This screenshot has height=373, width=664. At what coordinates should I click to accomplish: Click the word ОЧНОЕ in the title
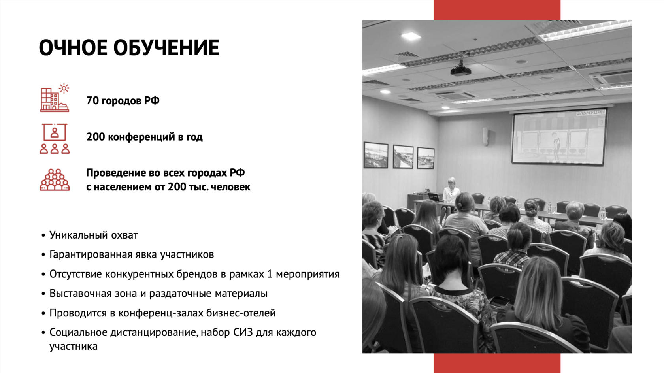point(73,48)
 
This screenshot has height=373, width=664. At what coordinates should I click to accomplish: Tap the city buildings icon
point(55,98)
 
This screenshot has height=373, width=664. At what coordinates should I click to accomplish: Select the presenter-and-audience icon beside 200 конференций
point(55,138)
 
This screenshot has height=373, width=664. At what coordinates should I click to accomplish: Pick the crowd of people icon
point(55,179)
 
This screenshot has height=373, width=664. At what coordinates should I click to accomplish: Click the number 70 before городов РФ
point(92,101)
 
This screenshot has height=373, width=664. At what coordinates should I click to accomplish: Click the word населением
point(123,187)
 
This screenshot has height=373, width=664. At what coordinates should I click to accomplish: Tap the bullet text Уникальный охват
point(94,235)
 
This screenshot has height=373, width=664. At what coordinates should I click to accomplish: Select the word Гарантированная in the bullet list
point(103,254)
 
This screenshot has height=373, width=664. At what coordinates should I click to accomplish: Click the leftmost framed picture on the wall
point(376,155)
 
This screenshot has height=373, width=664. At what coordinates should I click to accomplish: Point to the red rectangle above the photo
point(497,10)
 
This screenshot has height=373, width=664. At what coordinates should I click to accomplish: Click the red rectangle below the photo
point(497,363)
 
